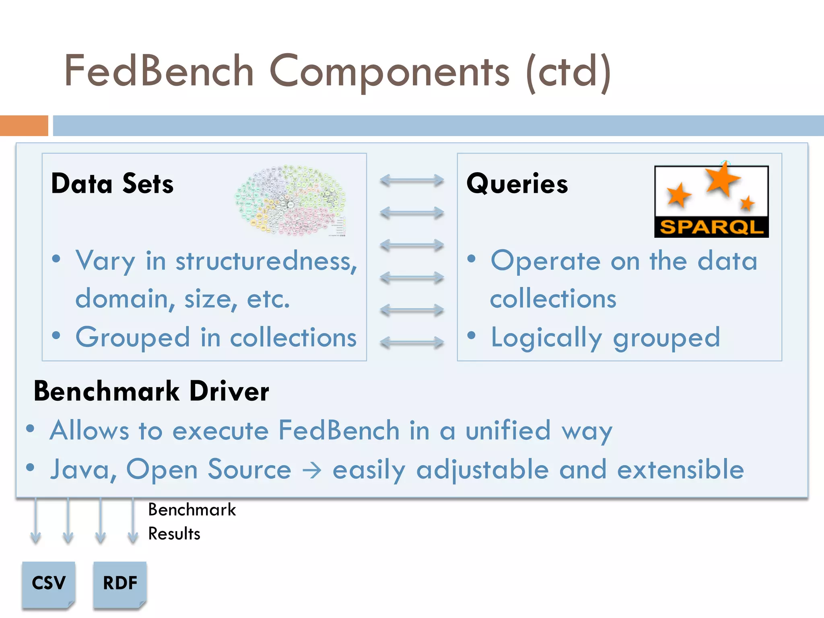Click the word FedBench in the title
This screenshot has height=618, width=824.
(x=159, y=71)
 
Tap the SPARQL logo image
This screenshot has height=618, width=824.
(x=711, y=201)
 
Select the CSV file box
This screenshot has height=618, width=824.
(x=49, y=583)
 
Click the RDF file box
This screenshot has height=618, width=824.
(x=120, y=583)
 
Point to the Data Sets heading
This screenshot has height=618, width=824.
(x=112, y=184)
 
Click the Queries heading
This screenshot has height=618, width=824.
(x=517, y=184)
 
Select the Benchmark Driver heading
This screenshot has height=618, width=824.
(x=151, y=391)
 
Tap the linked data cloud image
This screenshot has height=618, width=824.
(x=290, y=200)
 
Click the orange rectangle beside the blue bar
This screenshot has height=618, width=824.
(x=24, y=126)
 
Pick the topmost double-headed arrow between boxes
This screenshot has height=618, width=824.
(x=412, y=180)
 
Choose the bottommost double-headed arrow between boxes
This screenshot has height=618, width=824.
(x=412, y=342)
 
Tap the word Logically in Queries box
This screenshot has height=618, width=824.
(x=546, y=338)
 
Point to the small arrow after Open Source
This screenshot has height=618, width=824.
(x=312, y=470)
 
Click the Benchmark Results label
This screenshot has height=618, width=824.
(x=192, y=521)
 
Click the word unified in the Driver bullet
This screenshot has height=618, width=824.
(x=508, y=431)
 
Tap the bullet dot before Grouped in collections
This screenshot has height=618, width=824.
(x=56, y=335)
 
